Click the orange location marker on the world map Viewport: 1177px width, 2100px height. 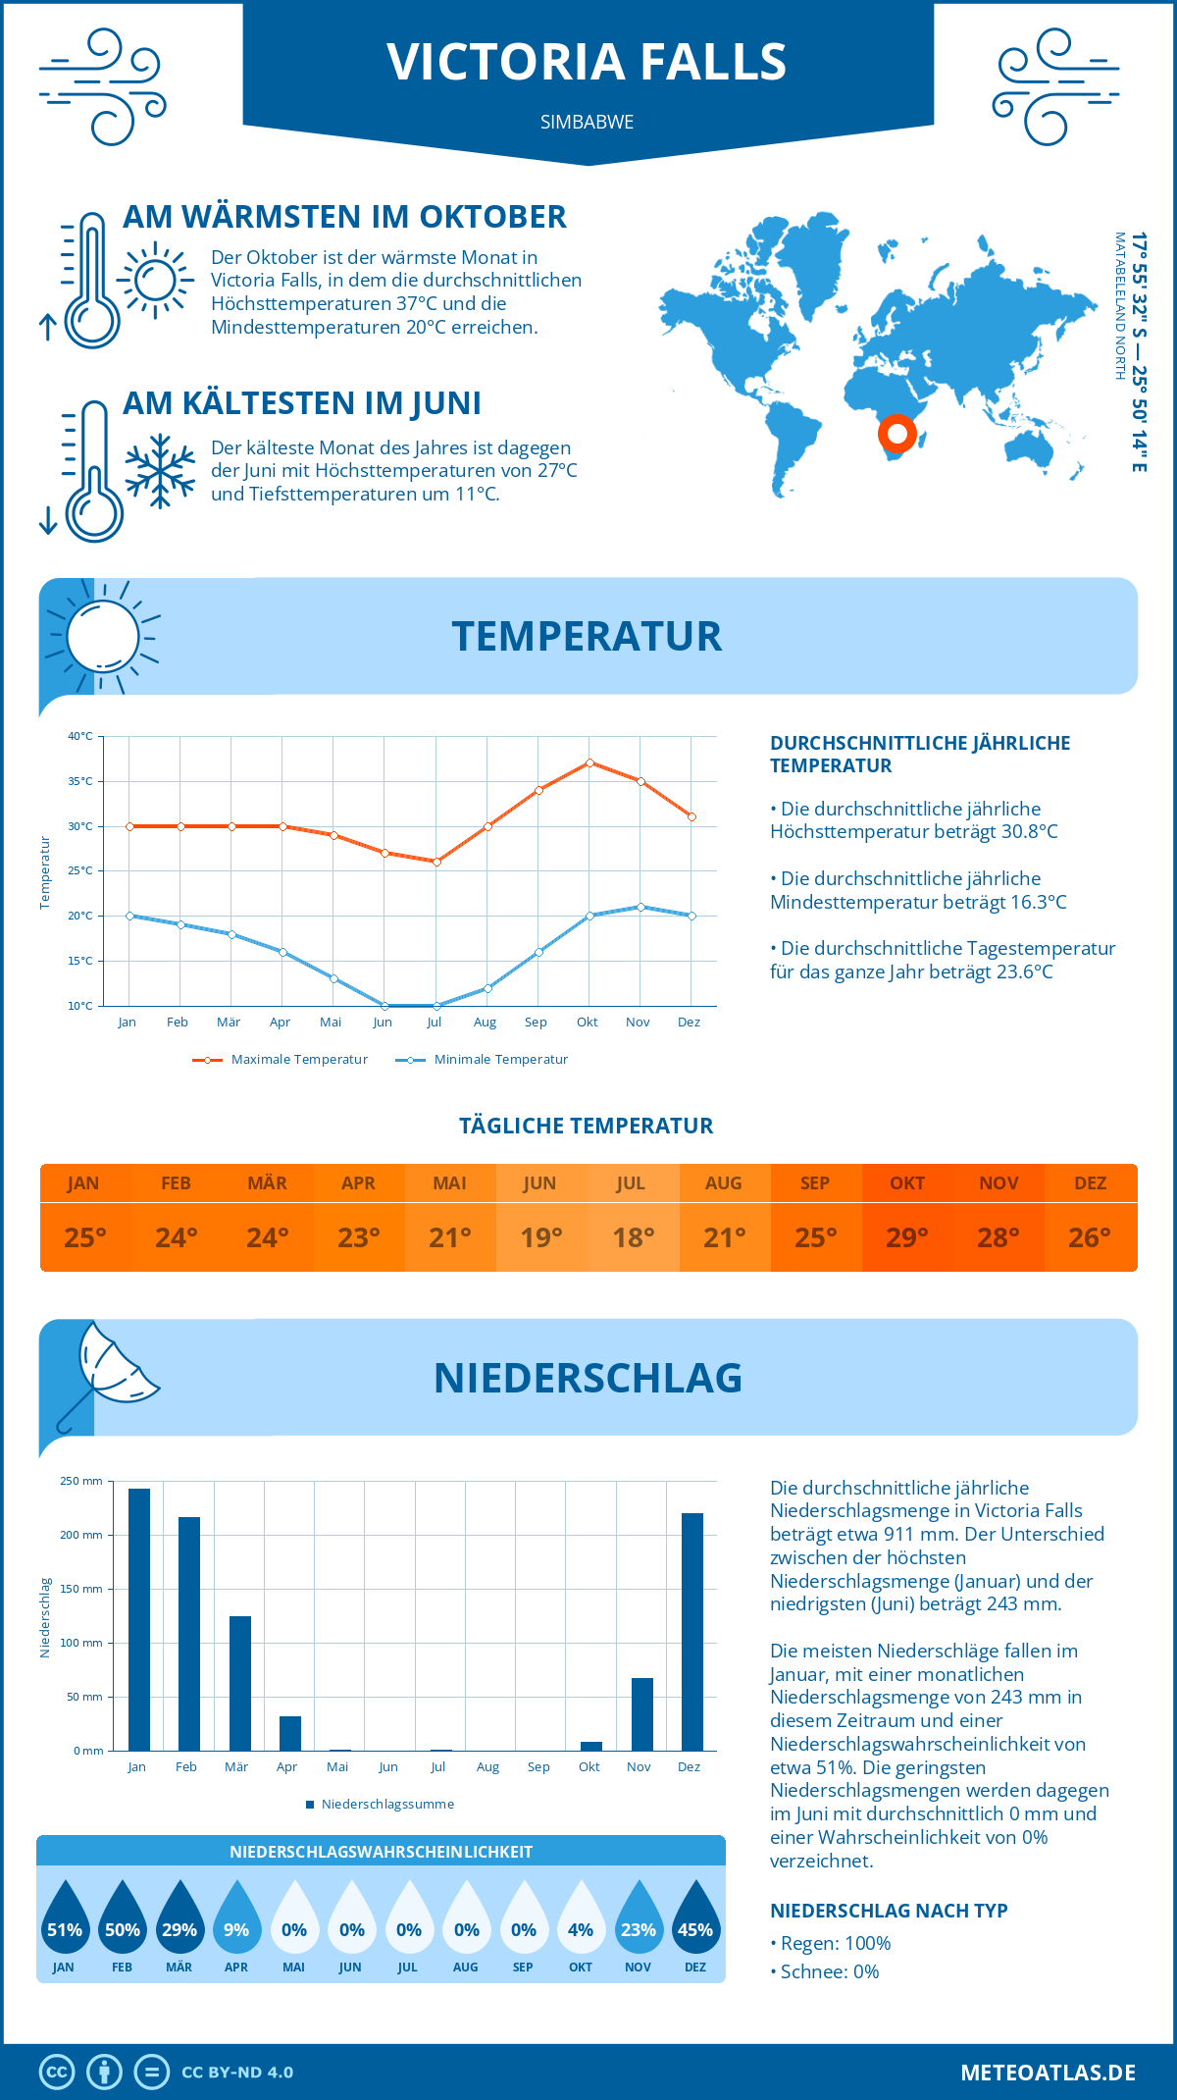coord(896,433)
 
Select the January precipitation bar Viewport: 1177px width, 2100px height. coord(139,1619)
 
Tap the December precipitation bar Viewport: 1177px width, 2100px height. coord(692,1631)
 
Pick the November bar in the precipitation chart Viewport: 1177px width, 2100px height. coord(642,1713)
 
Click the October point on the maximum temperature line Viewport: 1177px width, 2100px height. coord(589,762)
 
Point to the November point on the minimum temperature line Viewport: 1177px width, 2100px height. coord(640,907)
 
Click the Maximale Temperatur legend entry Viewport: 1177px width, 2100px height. coord(281,1060)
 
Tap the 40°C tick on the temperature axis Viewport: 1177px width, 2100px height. coord(80,736)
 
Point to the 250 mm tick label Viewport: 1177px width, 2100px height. coord(81,1481)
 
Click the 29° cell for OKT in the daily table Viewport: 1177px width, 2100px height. coord(907,1237)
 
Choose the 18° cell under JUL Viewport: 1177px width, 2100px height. coord(633,1237)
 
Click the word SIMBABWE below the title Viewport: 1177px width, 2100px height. coord(587,122)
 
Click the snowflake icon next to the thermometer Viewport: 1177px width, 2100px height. coord(160,471)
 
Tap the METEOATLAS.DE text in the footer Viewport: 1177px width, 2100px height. coord(1048,2073)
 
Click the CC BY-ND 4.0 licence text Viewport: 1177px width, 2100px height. coord(237,2073)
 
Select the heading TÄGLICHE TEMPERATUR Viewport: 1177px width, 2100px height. coord(587,1126)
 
